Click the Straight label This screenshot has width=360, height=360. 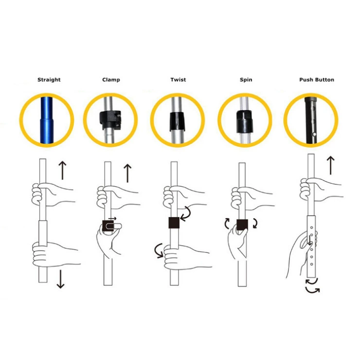point(49,80)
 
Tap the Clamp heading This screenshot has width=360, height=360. point(111,80)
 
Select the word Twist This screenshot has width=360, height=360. point(178,80)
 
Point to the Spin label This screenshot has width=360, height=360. point(246,80)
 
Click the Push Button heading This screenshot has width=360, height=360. point(317,80)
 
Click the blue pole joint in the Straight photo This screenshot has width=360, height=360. point(46,119)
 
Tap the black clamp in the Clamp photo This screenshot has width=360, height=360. point(110,119)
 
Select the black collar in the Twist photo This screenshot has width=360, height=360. point(177,122)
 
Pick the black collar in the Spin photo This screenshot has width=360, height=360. point(244,122)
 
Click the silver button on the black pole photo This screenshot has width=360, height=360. point(315,134)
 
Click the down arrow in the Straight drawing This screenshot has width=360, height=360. point(60,279)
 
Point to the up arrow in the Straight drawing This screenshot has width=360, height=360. point(62,170)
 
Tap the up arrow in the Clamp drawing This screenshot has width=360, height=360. point(127,173)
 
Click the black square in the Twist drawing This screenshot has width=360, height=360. point(174,223)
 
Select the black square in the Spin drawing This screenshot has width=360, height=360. point(242,225)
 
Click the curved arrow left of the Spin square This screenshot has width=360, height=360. point(226,223)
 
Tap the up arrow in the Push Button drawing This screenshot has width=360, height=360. point(331,165)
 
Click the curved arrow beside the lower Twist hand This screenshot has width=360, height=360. point(159,251)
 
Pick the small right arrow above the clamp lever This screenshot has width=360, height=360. point(112,218)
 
